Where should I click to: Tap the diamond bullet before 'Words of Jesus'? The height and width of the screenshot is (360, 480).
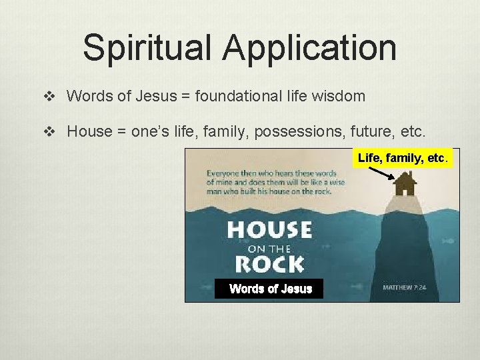(47, 97)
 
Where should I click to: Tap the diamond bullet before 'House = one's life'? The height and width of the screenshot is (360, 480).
(47, 132)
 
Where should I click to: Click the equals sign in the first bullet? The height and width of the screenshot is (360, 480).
(185, 96)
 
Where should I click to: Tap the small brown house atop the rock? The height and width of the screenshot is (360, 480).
(404, 182)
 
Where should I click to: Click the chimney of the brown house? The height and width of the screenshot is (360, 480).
(411, 175)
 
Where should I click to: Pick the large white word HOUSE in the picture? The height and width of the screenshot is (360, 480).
(269, 231)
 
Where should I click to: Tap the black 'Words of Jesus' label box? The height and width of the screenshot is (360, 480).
(269, 289)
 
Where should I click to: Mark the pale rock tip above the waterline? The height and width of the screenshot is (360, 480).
(404, 199)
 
